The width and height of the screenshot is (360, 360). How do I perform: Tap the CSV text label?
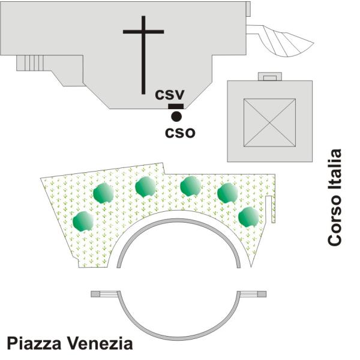pos(170,94)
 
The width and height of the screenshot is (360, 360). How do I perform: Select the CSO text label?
pos(180,131)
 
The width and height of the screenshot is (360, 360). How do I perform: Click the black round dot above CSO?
pos(176,116)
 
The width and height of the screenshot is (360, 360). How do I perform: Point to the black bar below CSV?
pos(176,106)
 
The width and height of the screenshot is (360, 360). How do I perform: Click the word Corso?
pos(335,223)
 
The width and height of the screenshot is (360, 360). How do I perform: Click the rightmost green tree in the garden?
pos(248,217)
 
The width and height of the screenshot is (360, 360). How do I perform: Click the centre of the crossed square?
pos(269,122)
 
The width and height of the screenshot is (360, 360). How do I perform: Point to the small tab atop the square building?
pos(269,77)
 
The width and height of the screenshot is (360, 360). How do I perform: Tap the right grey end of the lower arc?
pos(261,294)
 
